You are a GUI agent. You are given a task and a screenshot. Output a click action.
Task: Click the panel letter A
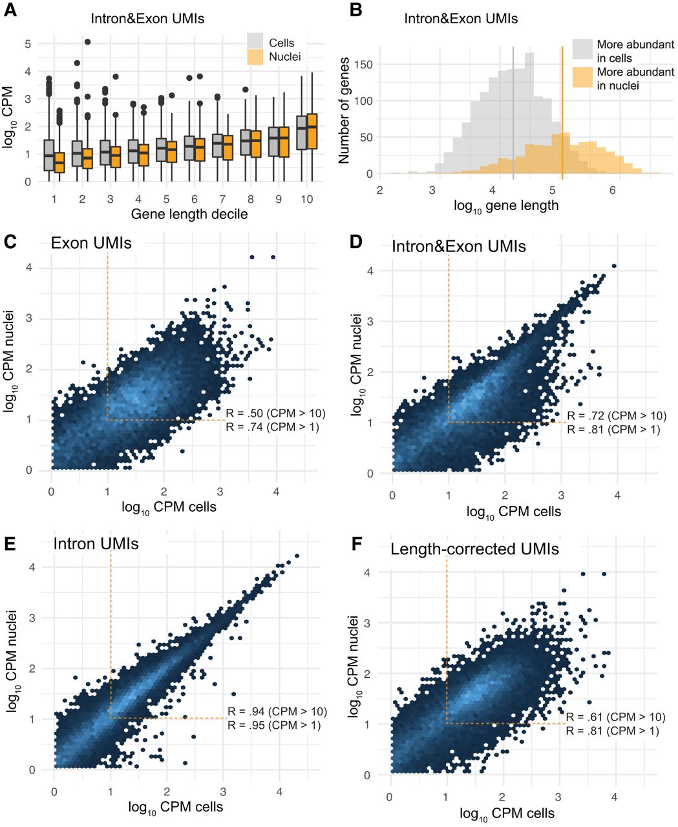click(10, 10)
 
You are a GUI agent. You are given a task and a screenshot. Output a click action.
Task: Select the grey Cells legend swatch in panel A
click(255, 41)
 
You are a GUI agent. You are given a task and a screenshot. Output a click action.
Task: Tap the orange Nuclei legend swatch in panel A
click(255, 57)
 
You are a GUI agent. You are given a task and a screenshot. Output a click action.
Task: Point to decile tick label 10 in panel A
click(306, 199)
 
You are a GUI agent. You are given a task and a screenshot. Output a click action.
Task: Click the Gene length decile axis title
click(189, 214)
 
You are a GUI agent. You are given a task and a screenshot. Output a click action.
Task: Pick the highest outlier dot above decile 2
click(88, 42)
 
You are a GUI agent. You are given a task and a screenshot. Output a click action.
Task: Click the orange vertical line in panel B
click(562, 113)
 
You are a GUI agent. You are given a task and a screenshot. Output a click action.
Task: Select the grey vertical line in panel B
click(513, 113)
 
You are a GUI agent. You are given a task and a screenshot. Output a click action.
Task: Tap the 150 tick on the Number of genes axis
click(363, 65)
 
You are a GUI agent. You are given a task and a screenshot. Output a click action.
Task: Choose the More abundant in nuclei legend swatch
click(582, 77)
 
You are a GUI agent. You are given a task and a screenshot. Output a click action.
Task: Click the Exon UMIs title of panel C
click(91, 243)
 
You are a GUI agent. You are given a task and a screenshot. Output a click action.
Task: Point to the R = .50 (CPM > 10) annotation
click(275, 413)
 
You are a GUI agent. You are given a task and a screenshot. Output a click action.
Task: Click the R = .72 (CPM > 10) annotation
click(617, 415)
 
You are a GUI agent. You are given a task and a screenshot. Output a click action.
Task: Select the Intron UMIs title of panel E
click(96, 544)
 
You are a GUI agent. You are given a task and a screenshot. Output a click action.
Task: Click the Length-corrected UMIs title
click(475, 549)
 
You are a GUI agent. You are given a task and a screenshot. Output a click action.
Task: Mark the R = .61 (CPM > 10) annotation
click(616, 717)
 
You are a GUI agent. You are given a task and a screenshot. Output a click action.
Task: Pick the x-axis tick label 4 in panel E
click(279, 791)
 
